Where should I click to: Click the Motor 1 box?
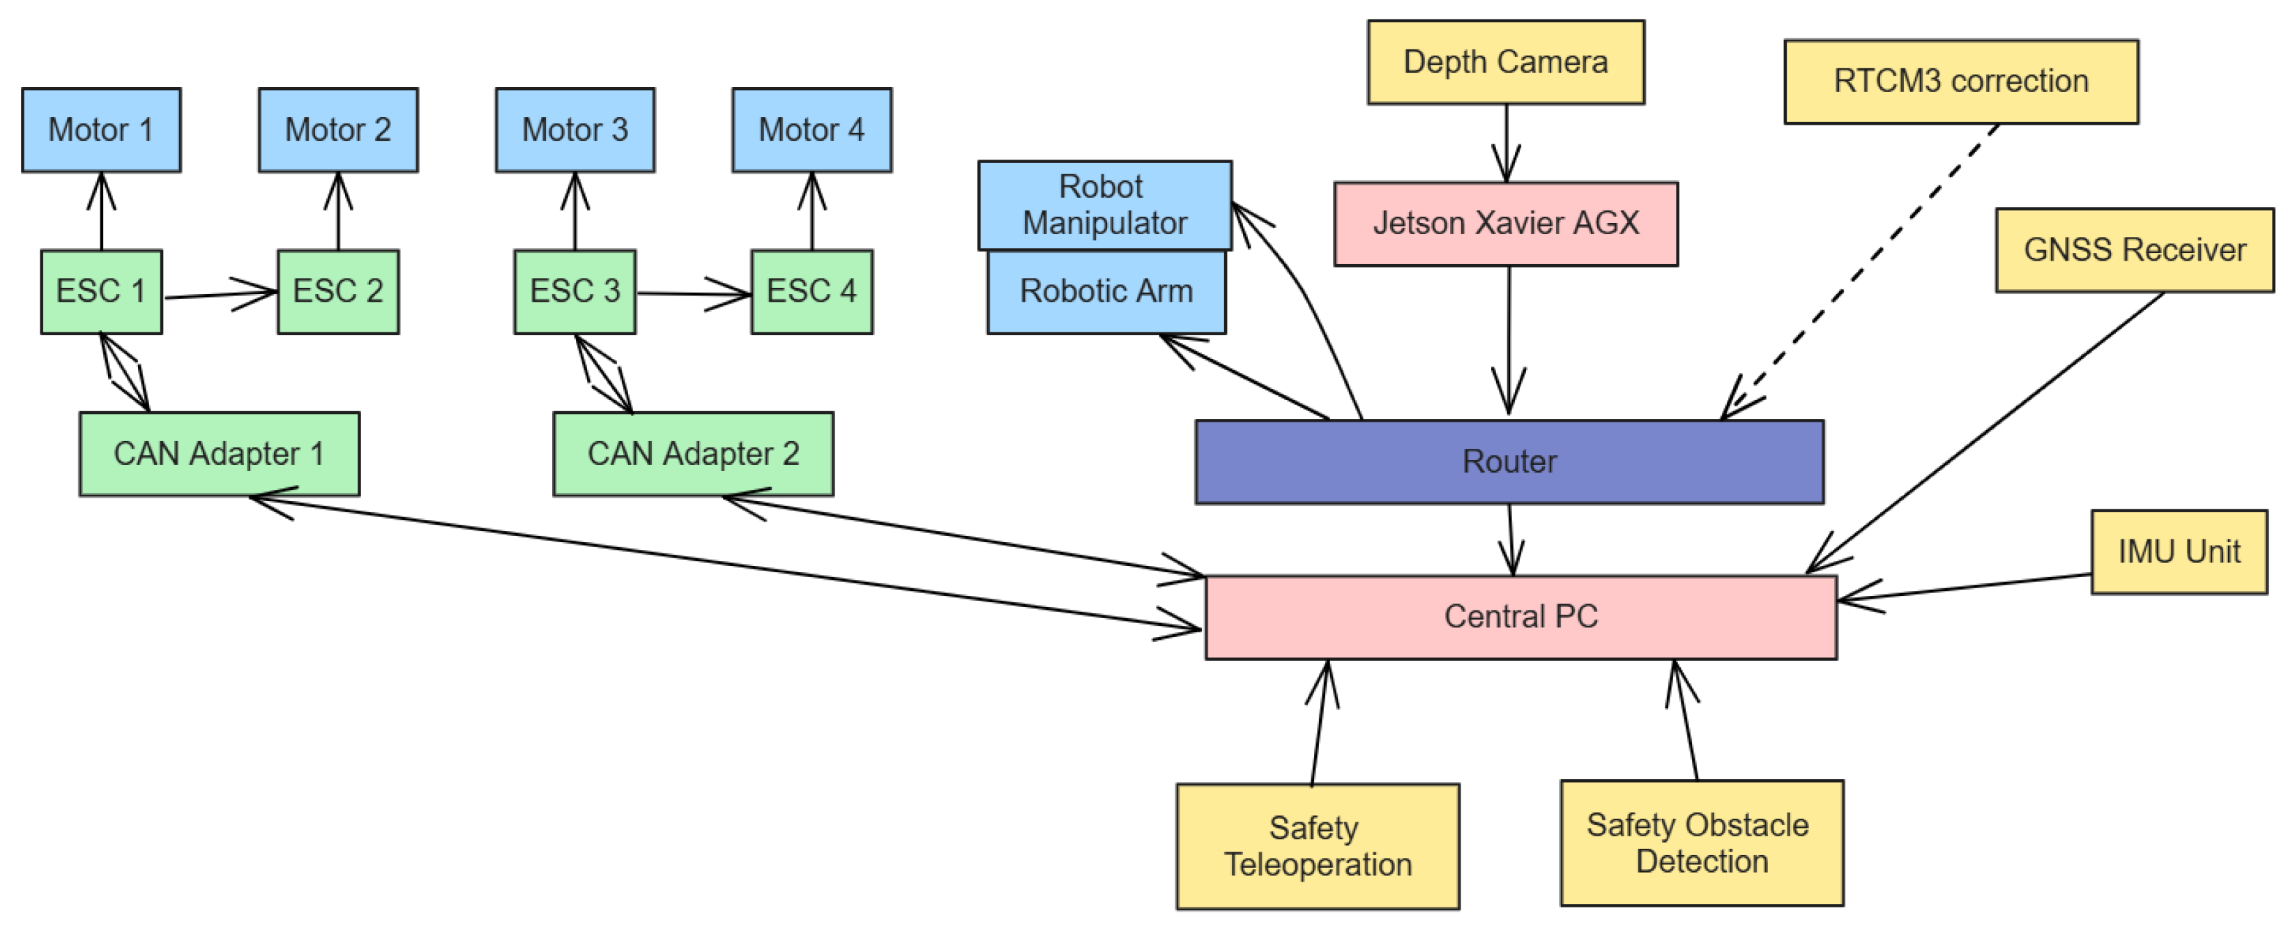coord(101,130)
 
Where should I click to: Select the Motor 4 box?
coord(811,130)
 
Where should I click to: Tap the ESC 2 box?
coord(337,291)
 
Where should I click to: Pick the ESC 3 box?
coord(574,291)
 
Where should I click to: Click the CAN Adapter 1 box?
coord(220,454)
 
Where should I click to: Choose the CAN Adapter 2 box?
coord(693,454)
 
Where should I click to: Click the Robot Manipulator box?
coord(1104,205)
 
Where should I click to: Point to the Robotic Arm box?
coord(1106,292)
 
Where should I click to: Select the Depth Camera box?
coord(1506,62)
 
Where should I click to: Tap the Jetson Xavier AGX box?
coord(1506,224)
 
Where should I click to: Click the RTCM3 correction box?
coord(1961,82)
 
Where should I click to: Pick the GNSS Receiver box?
coord(2135,250)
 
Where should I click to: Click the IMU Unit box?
coord(2179,551)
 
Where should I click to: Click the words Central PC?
coord(1520,616)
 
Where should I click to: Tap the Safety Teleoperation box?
coord(1317,846)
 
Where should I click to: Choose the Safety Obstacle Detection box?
coord(1701,843)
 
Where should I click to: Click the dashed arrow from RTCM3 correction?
coord(1866,266)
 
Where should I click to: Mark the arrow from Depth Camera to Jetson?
coord(1506,142)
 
